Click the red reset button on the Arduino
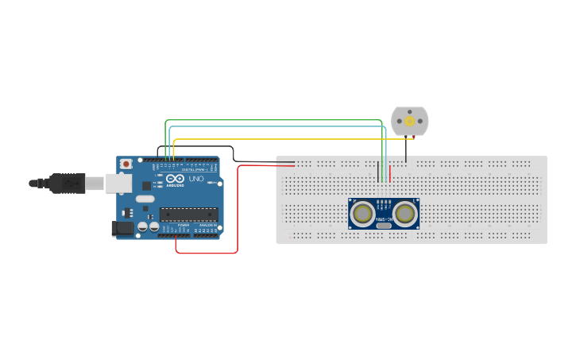[x=126, y=164]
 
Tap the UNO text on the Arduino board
[x=196, y=179]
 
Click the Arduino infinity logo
[x=174, y=179]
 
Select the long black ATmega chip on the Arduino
[x=188, y=214]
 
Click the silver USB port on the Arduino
[x=118, y=184]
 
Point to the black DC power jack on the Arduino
[x=122, y=228]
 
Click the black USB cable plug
[x=68, y=183]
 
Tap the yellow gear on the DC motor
[x=410, y=121]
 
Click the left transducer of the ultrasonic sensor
[x=363, y=213]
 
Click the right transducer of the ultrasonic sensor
[x=405, y=213]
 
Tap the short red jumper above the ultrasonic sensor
[x=389, y=172]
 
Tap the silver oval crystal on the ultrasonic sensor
[x=384, y=226]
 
